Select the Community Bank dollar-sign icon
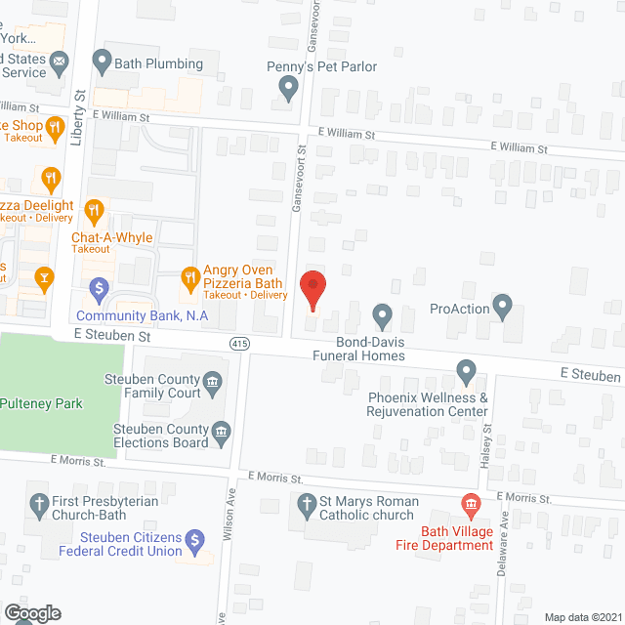pyautogui.click(x=98, y=288)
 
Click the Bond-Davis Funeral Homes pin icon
pyautogui.click(x=382, y=315)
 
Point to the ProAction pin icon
pyautogui.click(x=503, y=308)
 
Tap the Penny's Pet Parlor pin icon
pyautogui.click(x=288, y=90)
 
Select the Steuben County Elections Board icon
pyautogui.click(x=222, y=431)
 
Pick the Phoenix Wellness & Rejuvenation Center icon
pyautogui.click(x=466, y=372)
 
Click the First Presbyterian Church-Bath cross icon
pyautogui.click(x=39, y=505)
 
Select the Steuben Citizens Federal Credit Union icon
pyautogui.click(x=195, y=540)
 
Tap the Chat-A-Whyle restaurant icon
pyautogui.click(x=94, y=210)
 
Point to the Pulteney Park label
pyautogui.click(x=41, y=403)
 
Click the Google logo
pyautogui.click(x=31, y=612)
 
